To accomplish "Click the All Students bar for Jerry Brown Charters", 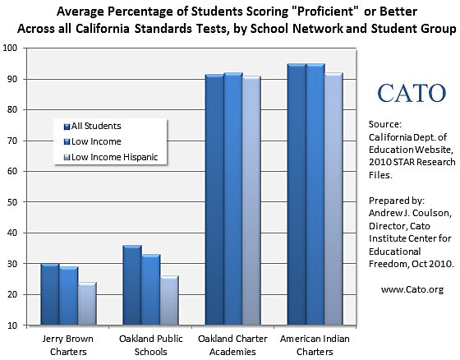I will [x=49, y=294].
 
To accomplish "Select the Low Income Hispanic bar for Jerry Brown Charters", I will [x=89, y=303].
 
